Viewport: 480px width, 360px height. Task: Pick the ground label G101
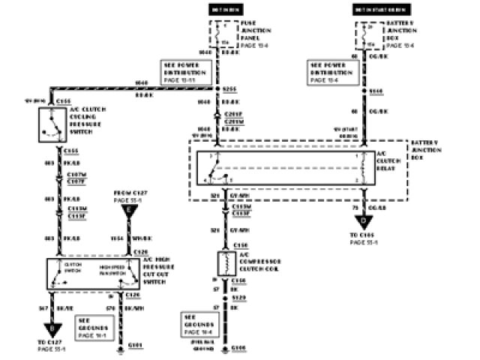point(135,346)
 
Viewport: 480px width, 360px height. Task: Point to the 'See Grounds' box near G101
point(94,327)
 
